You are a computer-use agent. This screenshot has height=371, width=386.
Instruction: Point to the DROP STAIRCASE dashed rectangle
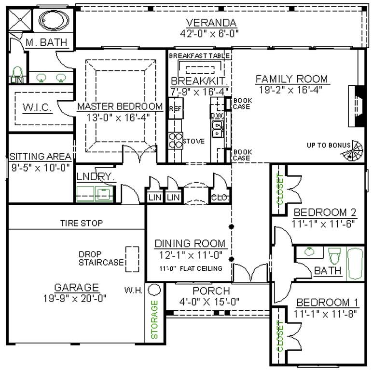coord(132,259)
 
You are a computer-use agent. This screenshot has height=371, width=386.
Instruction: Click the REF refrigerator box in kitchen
coord(174,109)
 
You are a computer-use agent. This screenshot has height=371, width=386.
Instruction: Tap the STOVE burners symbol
coord(175,141)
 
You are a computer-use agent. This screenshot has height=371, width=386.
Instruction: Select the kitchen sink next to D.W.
coord(218,128)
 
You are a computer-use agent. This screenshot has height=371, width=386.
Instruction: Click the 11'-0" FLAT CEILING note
coord(191,268)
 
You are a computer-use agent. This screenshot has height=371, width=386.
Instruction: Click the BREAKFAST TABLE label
coord(199,56)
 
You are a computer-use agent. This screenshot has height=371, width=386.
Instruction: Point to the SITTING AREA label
coord(41,157)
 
